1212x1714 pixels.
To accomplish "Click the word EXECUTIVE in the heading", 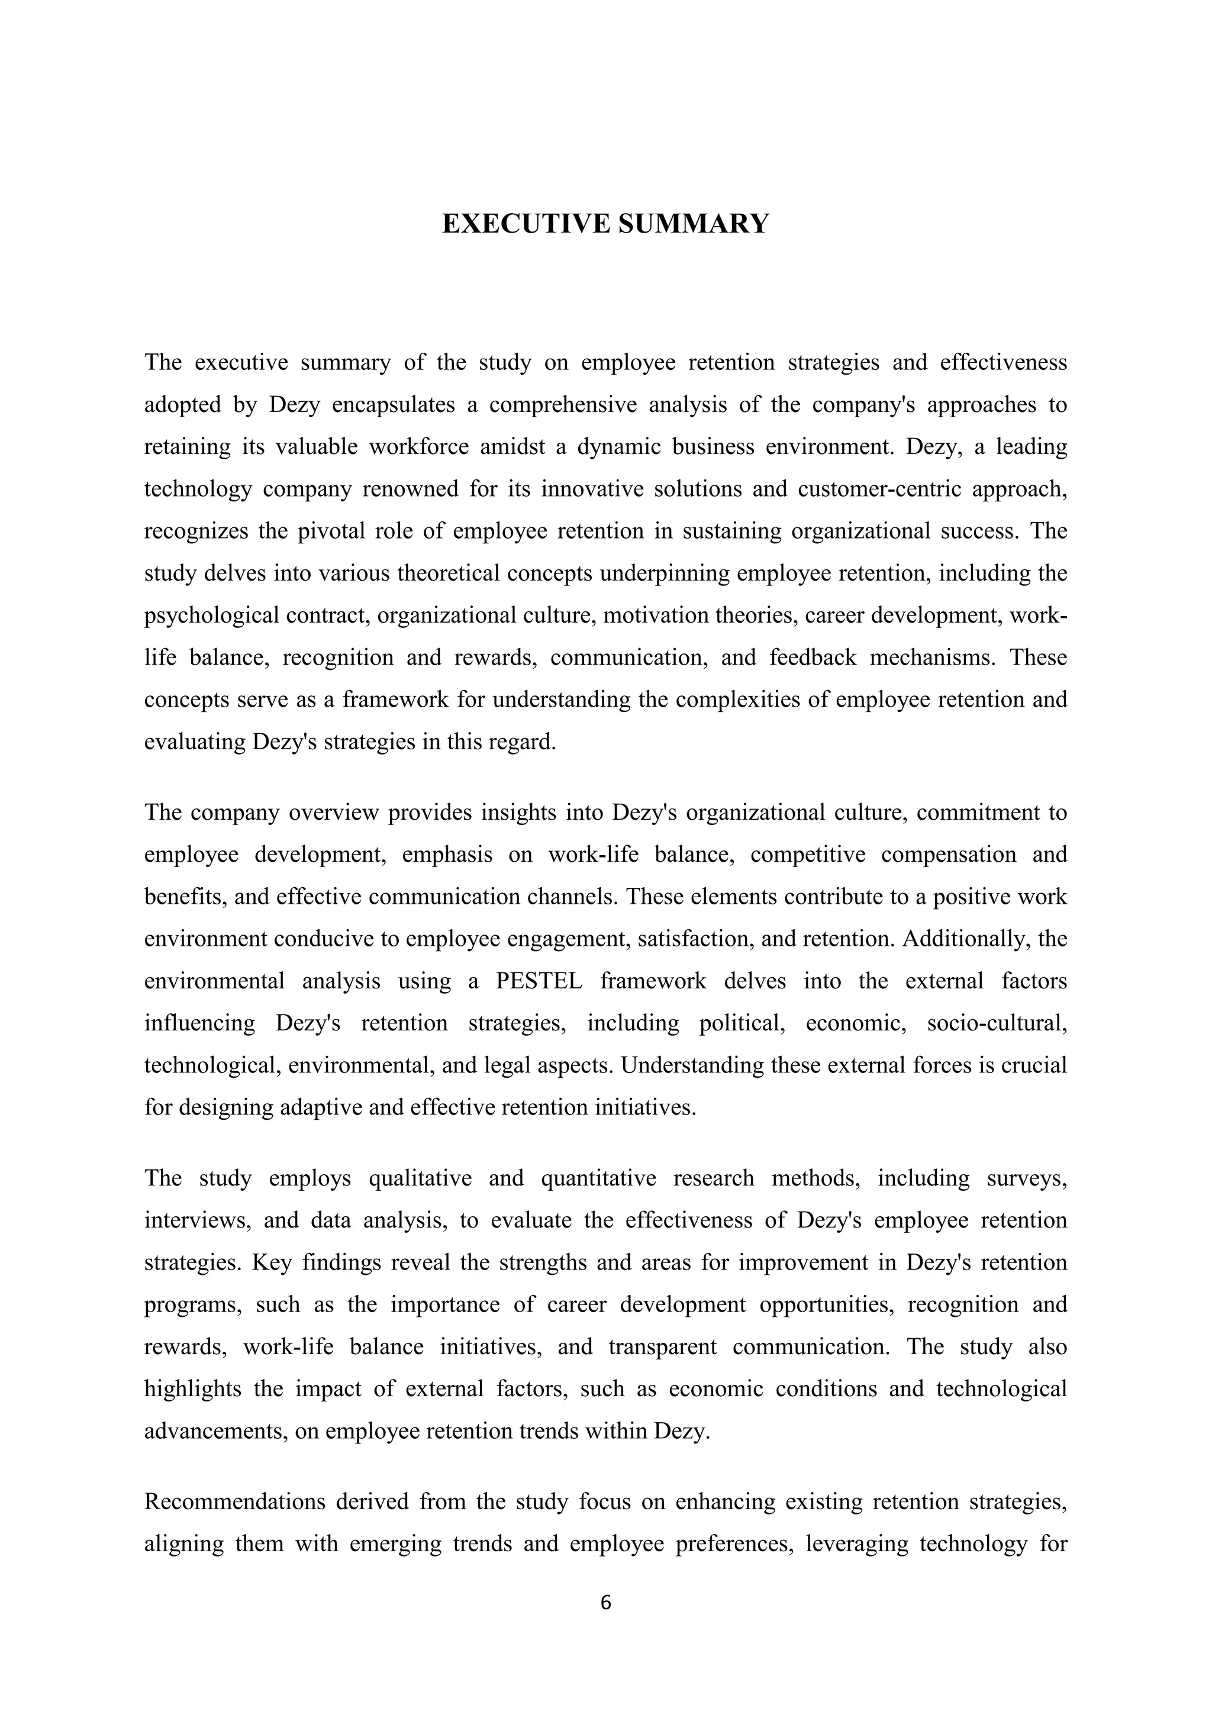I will [527, 224].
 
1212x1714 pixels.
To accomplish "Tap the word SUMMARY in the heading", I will [694, 224].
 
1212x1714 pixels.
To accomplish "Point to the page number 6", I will [605, 1602].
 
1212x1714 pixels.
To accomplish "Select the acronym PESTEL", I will [539, 981].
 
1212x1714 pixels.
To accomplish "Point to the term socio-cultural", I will [997, 1023].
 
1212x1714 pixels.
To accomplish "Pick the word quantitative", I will [598, 1179].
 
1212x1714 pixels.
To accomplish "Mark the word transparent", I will [663, 1348].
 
